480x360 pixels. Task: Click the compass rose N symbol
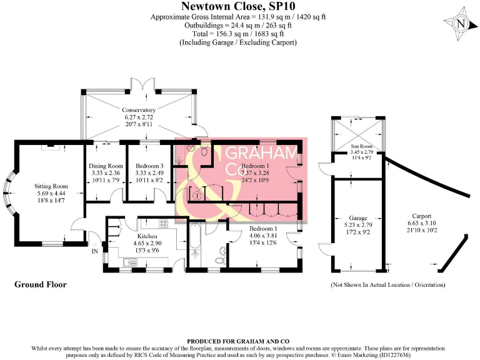461,24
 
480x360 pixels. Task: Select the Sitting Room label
51,186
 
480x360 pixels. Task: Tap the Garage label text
359,219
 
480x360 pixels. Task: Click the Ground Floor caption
40,284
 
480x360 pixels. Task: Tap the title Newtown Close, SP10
238,6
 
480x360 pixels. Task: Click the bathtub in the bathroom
194,246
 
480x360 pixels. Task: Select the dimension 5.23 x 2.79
359,226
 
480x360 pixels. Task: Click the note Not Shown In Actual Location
387,284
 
